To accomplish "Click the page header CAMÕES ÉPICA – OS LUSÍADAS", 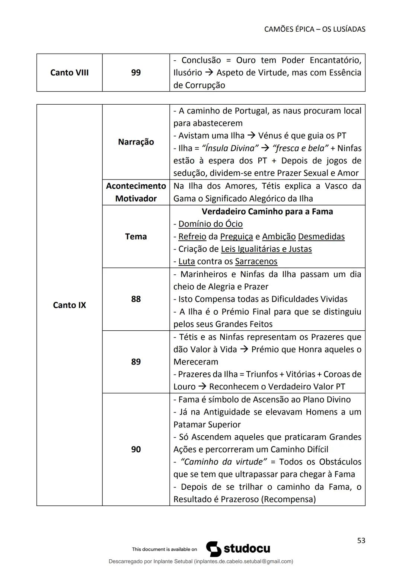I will [315, 29].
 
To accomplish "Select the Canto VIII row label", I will [69, 73].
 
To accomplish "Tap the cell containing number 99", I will [136, 73].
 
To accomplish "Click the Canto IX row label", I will [69, 305].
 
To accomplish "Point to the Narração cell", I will [136, 142].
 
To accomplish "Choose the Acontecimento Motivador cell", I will [136, 192].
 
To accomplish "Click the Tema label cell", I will [136, 236].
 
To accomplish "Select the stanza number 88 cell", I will [136, 299].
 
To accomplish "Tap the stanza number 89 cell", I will [136, 362].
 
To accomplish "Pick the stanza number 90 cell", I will [136, 449].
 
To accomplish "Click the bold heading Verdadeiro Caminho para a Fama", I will [267, 212].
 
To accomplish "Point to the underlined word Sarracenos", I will [256, 261].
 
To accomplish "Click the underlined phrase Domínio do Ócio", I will [210, 224].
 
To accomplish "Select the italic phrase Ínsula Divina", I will [230, 148].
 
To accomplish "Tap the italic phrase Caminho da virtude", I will [223, 462].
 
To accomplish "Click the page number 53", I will [361, 541].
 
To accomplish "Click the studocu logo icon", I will [214, 549].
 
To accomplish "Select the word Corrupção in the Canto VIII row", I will [204, 85].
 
